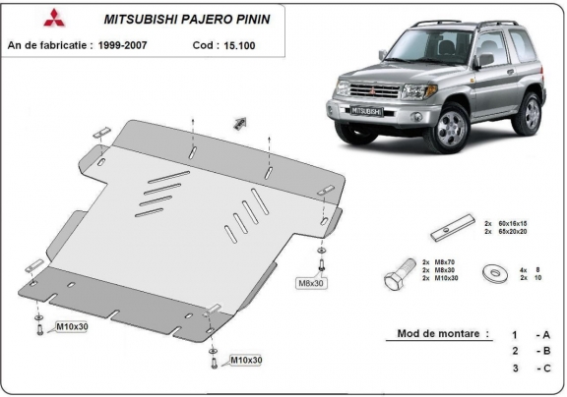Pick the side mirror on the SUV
click(483, 60)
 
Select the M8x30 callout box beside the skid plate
click(311, 283)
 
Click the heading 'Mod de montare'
click(443, 333)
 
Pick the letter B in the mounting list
click(542, 351)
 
